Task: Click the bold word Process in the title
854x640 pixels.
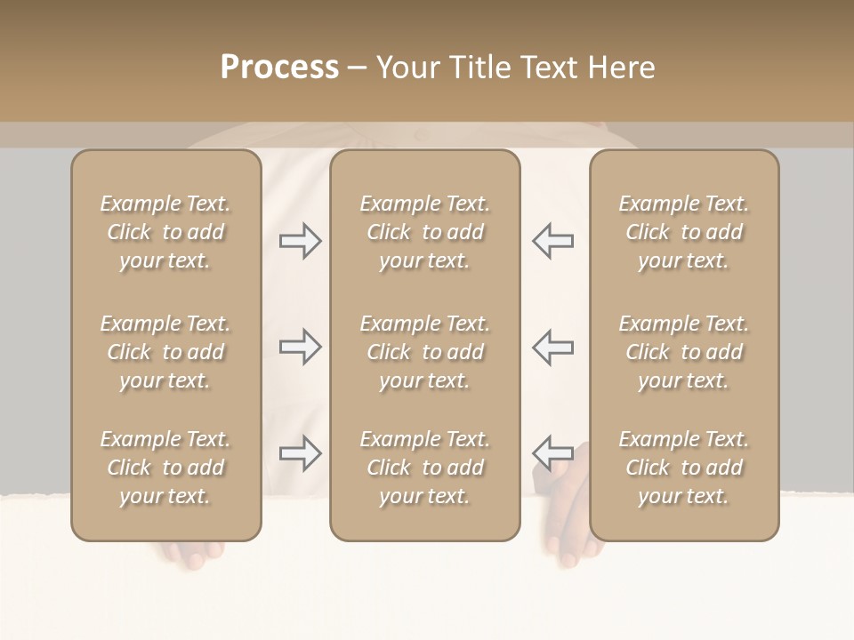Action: click(x=279, y=68)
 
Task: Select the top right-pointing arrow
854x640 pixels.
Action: click(x=300, y=241)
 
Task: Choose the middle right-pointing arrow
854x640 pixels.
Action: click(x=300, y=347)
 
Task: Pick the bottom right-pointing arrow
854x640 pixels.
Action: click(x=300, y=453)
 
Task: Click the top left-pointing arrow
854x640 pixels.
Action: click(x=552, y=241)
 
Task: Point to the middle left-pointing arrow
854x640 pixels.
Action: click(x=552, y=347)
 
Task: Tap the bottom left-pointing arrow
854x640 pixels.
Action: click(x=552, y=453)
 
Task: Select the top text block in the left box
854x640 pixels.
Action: click(x=165, y=232)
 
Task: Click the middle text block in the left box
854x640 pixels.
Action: click(x=165, y=352)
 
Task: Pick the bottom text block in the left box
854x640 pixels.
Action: click(x=165, y=468)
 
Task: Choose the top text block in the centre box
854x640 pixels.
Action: click(x=424, y=232)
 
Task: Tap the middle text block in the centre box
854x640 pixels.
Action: click(x=424, y=352)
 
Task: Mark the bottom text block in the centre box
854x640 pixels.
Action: click(x=424, y=468)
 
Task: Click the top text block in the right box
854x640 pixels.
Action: click(x=683, y=232)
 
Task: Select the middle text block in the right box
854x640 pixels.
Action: click(x=683, y=352)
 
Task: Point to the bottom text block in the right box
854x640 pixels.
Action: click(x=683, y=468)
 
